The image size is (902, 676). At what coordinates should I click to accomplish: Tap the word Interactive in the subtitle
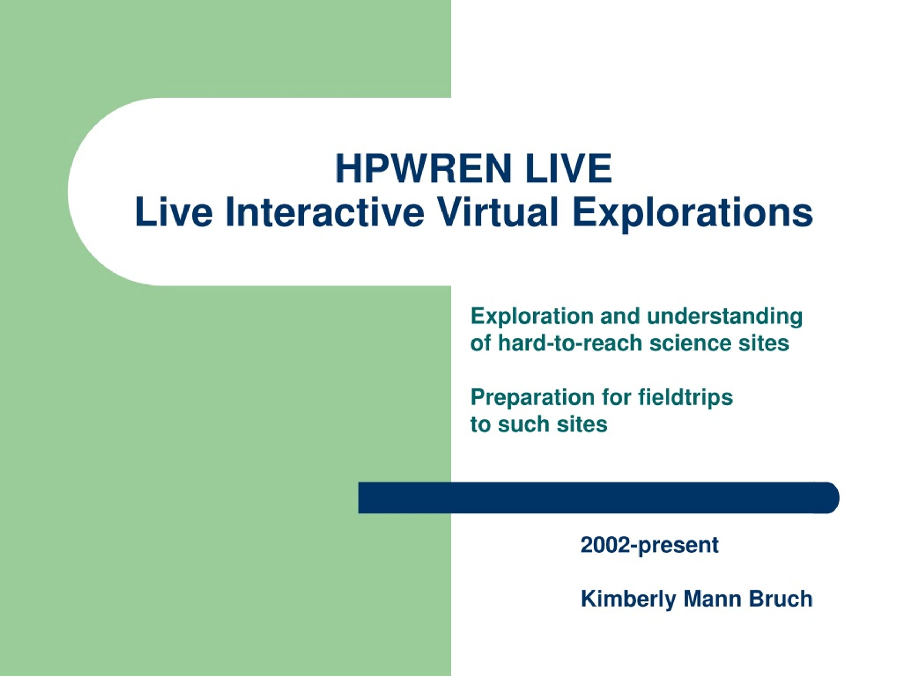point(325,212)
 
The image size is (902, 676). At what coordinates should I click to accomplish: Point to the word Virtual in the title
point(498,212)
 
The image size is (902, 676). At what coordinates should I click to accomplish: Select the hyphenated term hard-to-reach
point(570,343)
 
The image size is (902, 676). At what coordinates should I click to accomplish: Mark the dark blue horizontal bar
point(599,498)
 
